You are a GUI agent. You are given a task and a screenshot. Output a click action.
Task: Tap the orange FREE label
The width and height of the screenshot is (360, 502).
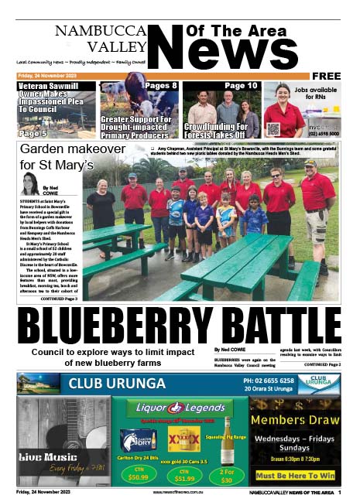(x=326, y=76)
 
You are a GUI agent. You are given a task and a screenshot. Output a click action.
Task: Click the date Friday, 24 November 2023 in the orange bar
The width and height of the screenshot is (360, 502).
(x=47, y=76)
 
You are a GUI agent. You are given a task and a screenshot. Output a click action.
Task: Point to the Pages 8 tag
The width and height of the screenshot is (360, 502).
(x=161, y=86)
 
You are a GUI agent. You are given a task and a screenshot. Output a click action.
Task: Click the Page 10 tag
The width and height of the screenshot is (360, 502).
(x=242, y=86)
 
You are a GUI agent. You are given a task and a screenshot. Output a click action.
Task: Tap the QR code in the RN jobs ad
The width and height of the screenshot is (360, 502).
(x=273, y=128)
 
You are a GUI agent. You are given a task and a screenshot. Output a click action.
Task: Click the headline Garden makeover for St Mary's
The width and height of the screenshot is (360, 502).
(x=57, y=156)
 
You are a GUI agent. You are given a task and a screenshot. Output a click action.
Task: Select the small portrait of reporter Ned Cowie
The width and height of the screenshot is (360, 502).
(x=30, y=184)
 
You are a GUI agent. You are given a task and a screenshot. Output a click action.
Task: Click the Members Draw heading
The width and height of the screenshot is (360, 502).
(x=294, y=420)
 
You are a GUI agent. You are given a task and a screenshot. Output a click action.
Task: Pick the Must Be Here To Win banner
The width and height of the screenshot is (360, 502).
(x=295, y=476)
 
